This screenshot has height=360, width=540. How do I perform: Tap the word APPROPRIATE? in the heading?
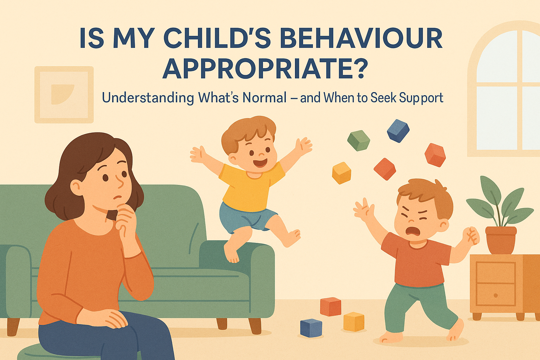tap(263, 68)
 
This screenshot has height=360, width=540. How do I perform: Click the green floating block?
tap(359, 140)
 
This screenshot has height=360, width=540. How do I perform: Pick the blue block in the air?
tap(398, 131)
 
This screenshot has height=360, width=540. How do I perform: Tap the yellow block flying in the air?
tap(341, 173)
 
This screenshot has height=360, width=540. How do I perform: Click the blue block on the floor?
tap(311, 327)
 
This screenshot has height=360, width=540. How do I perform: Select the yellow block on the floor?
tap(353, 321)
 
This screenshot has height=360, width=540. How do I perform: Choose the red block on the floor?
tap(330, 307)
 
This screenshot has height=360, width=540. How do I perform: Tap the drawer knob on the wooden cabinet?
tap(496, 295)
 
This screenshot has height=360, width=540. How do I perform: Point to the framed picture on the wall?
tap(64, 95)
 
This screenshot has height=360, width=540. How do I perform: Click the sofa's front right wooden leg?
tap(256, 326)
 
